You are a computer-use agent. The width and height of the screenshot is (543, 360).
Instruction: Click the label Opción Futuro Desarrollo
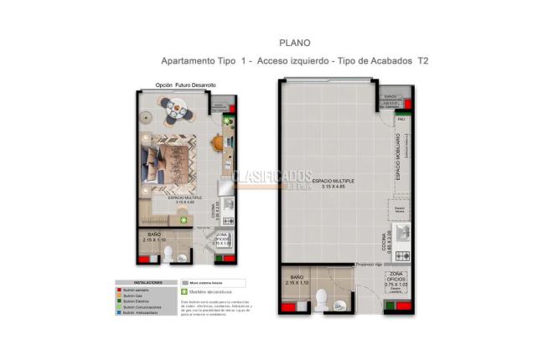coord(186,85)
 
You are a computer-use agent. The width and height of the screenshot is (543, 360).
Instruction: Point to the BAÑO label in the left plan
coord(154,234)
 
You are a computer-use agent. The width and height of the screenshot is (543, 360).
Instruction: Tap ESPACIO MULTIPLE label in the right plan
coord(333,181)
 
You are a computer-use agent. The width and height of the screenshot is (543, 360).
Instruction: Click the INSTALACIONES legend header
coord(141,282)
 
